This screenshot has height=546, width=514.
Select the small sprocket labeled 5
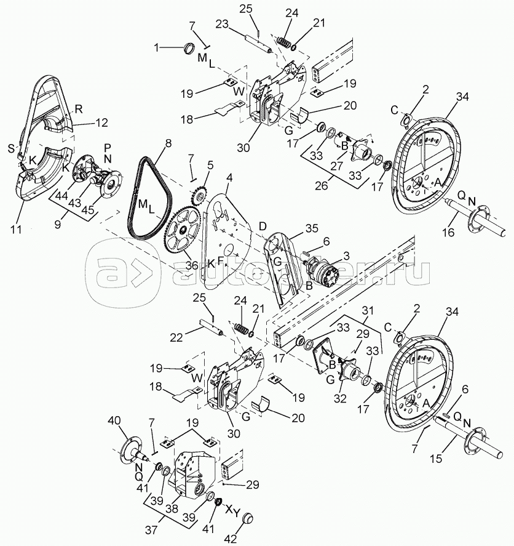coord(200,194)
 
